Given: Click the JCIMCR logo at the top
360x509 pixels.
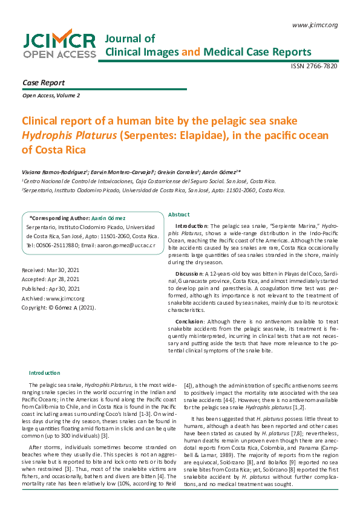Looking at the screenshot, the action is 59,45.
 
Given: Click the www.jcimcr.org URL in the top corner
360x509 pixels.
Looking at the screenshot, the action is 315,25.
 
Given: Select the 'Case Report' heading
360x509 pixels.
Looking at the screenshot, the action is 44,82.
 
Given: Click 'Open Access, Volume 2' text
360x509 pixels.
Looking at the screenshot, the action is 51,96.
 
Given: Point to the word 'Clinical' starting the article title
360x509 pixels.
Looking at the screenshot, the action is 43,120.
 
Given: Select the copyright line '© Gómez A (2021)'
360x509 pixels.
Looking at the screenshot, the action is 58,307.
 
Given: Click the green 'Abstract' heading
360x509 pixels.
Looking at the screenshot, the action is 178,215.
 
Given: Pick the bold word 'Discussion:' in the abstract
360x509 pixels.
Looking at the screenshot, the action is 189,273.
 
